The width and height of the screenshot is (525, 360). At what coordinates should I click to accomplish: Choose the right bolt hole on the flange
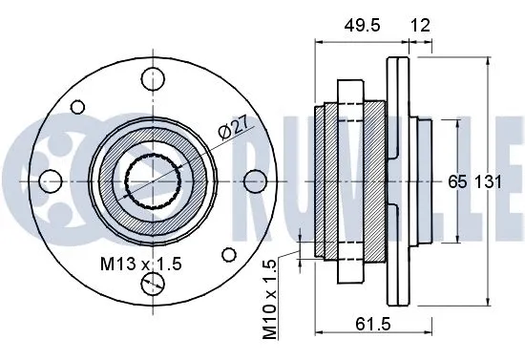[254, 181]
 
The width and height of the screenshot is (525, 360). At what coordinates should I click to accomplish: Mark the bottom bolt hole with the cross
[152, 284]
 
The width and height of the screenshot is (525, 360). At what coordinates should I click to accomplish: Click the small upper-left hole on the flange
[79, 108]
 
